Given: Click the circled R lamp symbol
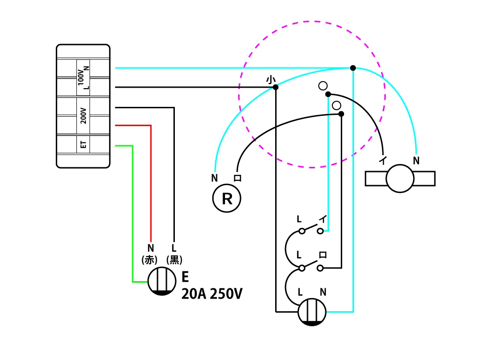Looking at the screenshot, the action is coord(226,198).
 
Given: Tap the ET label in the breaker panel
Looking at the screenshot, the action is coord(83,144).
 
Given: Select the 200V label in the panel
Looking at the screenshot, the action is coord(83,116).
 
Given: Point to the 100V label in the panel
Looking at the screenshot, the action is coord(81,77).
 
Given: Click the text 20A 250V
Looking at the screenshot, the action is coord(212,294).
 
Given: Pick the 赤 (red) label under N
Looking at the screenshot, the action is coord(150,260).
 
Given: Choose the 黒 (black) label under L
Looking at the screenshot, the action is coord(174,260).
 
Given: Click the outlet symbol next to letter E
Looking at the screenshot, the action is coord(162,281).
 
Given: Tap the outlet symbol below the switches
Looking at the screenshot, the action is coord(312,312).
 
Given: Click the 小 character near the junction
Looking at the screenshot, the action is coord(270,80).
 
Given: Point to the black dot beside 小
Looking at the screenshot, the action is coord(276,87).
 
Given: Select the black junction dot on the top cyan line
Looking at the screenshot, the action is coord(353,68).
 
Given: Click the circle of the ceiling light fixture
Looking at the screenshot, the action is coord(400,179).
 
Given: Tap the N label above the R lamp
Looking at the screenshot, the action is coord(215,178).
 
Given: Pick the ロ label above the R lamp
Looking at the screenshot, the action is coord(238,178).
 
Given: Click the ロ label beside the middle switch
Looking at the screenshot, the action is coord(322,255).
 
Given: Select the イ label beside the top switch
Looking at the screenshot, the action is coord(323,219).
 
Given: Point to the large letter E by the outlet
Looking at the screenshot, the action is coord(185,277).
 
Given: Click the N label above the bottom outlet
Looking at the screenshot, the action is coord(323,292).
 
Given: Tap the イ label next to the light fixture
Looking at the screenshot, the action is coord(383,160).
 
